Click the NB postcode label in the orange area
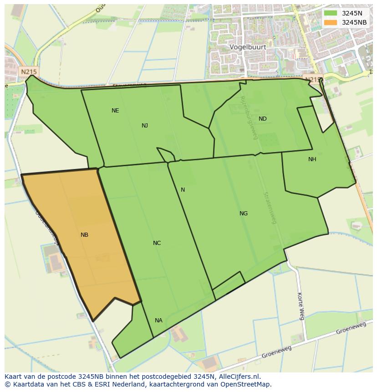click(x=84, y=235)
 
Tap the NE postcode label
click(x=115, y=111)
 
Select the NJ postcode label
click(x=145, y=126)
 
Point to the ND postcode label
click(x=263, y=119)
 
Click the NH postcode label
click(x=312, y=159)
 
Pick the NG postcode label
click(x=244, y=214)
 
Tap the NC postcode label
click(x=157, y=243)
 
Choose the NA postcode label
click(x=158, y=321)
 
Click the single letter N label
click(x=183, y=190)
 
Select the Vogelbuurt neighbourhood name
click(x=248, y=47)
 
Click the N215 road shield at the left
click(x=29, y=71)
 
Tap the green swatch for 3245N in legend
click(x=331, y=13)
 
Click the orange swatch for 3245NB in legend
click(x=331, y=22)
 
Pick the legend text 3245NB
click(x=354, y=22)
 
